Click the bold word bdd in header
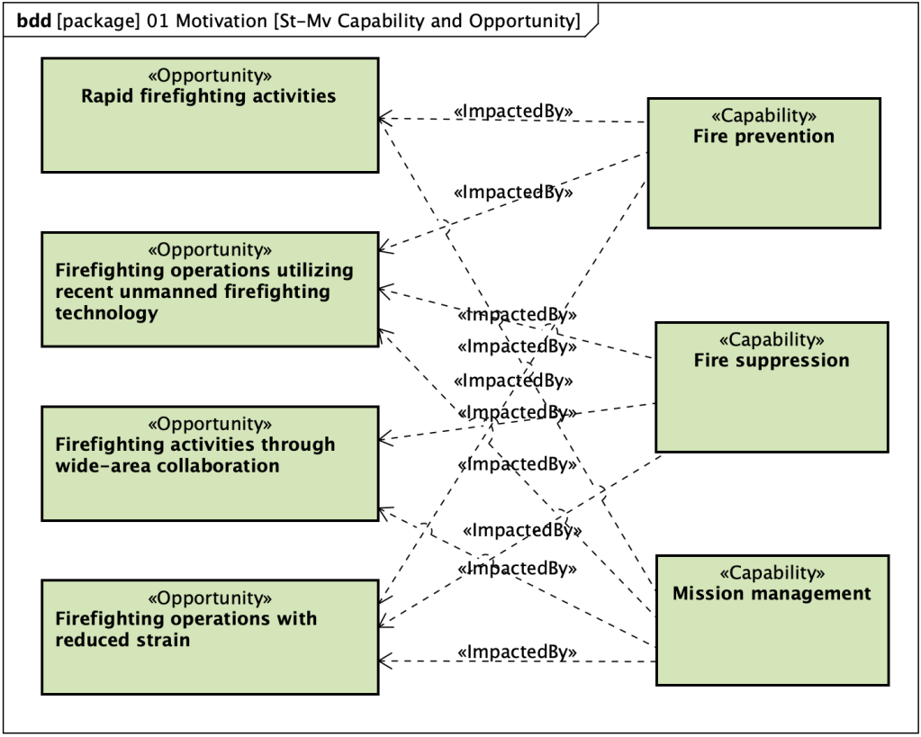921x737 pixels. pyautogui.click(x=34, y=21)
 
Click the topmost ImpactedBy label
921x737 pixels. pyautogui.click(x=513, y=111)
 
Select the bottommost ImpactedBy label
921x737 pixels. pyautogui.click(x=517, y=652)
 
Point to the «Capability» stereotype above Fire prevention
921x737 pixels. pyautogui.click(x=763, y=115)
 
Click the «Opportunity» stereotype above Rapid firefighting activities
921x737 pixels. pyautogui.click(x=209, y=76)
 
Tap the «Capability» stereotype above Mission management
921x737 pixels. pyautogui.click(x=772, y=572)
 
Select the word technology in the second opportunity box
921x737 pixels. pyautogui.click(x=106, y=313)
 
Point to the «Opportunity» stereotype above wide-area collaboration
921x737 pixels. pyautogui.click(x=209, y=424)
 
